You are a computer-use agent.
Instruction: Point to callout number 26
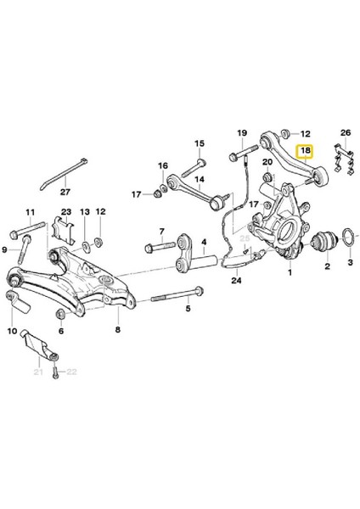coord(344,133)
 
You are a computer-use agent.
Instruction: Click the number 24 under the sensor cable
coord(235,281)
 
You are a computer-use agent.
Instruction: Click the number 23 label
coord(65,212)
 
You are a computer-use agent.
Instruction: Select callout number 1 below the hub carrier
coord(289,272)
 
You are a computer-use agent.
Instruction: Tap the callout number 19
coord(241,132)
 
